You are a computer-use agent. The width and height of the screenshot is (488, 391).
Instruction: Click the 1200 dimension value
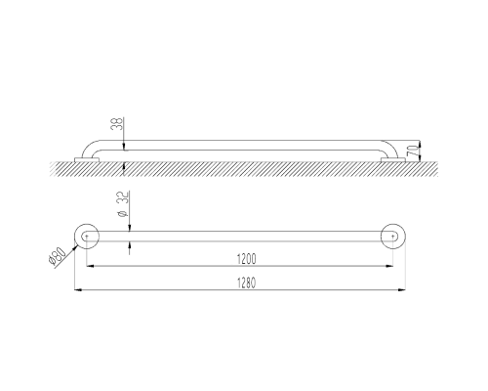[x=246, y=259]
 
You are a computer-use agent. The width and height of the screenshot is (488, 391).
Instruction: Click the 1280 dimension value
[x=246, y=282]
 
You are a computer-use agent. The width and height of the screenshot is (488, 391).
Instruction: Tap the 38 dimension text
[x=117, y=124]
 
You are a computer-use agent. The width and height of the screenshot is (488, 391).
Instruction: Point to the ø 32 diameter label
[x=123, y=204]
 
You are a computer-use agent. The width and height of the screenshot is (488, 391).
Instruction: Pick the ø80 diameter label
[x=57, y=256]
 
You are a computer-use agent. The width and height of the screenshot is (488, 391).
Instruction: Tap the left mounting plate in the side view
[x=87, y=159]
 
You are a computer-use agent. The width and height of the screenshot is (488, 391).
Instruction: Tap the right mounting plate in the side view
[x=393, y=159]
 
